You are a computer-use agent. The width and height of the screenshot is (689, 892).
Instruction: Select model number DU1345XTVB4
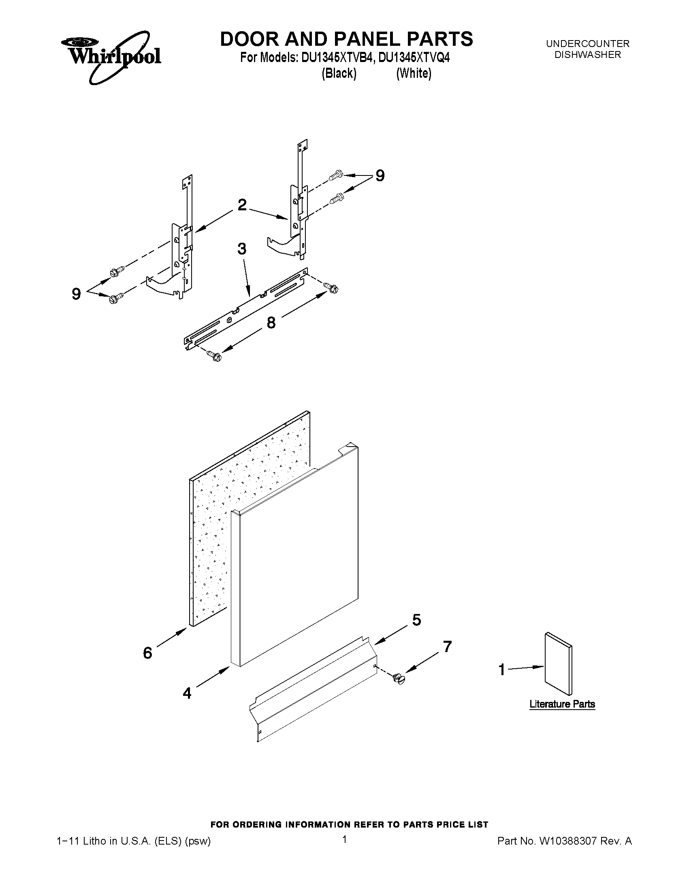tap(337, 58)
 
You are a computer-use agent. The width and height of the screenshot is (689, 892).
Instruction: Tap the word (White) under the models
tap(414, 73)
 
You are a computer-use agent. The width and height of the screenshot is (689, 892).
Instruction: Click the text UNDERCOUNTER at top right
tap(587, 43)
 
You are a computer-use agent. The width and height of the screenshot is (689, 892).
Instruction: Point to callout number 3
tap(242, 249)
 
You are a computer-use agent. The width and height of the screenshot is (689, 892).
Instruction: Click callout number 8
tap(271, 323)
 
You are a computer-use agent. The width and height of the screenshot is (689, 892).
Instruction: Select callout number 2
tap(242, 205)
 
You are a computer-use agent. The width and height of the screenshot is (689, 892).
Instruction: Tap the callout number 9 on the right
tap(380, 175)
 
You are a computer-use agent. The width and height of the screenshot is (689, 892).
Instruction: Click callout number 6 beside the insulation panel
tap(147, 652)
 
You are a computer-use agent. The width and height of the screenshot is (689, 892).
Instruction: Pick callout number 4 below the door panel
tap(187, 693)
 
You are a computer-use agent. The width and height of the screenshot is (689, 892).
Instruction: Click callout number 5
tap(416, 620)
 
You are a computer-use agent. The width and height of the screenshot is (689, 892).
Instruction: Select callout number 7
tap(447, 646)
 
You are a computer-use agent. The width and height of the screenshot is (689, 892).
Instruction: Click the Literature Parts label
tap(562, 704)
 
